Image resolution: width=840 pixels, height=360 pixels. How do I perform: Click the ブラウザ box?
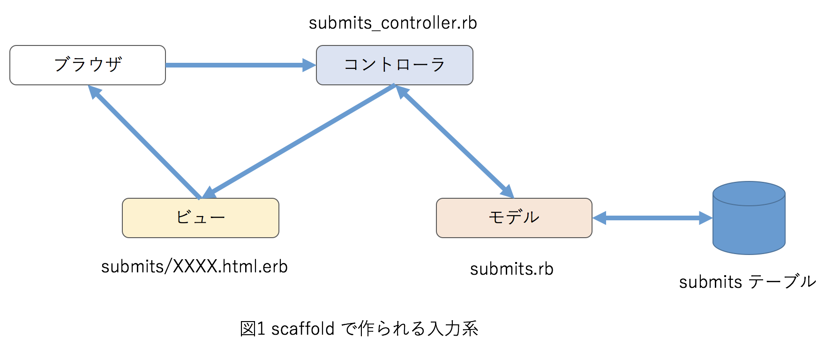(x=88, y=65)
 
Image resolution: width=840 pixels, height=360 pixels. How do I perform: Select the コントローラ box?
(x=394, y=65)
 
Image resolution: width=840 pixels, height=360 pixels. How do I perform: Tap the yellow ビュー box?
(x=201, y=218)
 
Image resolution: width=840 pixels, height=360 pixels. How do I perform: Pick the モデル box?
(x=514, y=218)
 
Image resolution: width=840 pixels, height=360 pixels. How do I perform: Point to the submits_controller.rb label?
(x=393, y=23)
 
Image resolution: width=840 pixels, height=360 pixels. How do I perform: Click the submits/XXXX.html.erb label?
(x=194, y=267)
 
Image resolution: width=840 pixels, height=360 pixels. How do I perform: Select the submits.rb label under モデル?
(x=511, y=269)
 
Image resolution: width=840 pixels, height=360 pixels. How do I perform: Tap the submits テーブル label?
(x=747, y=282)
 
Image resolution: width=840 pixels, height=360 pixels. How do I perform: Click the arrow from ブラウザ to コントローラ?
(x=234, y=65)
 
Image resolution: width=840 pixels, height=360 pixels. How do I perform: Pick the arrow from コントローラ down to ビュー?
(x=300, y=140)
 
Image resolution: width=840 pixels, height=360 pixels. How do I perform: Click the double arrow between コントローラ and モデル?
(x=455, y=141)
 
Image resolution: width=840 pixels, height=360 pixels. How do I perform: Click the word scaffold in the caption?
(x=302, y=329)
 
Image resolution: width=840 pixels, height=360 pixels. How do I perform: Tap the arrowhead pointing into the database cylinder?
(x=706, y=218)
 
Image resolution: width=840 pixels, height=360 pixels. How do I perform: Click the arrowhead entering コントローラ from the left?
(x=309, y=65)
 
